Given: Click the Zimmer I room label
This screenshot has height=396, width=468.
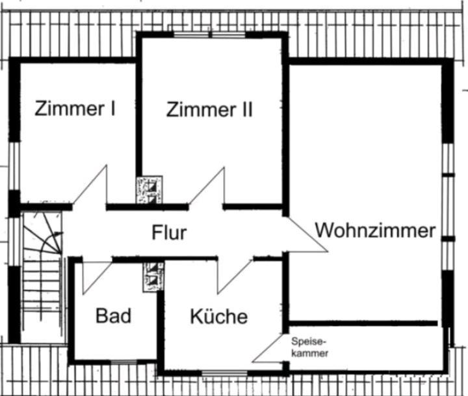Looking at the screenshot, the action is pos(75,108).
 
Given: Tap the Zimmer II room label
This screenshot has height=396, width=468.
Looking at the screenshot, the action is pos(209,109).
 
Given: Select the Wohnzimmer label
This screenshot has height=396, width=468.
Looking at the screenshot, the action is pos(375,230).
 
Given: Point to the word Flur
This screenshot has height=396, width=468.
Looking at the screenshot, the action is pos(169,233).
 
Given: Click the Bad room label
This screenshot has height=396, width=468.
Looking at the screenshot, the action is pos(113,317).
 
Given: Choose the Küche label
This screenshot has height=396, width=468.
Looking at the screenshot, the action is pos(218,317).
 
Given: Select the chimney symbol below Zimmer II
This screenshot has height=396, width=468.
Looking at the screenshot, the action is pos(149,190).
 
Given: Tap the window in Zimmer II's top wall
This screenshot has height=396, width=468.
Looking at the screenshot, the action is pos(209,34).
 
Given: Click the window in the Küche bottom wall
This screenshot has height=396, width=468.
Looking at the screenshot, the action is pos(224,373).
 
